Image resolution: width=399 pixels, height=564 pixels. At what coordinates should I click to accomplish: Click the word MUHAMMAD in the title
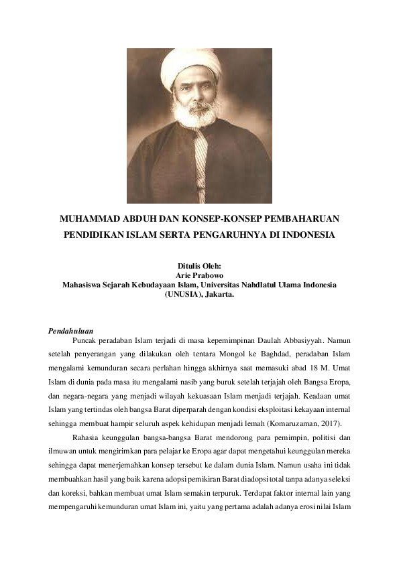point(91,219)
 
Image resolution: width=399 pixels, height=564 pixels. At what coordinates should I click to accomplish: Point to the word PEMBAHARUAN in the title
point(302,219)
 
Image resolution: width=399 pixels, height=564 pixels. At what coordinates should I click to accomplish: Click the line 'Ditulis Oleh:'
point(199,266)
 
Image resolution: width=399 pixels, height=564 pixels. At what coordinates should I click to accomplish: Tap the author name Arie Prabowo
point(199,275)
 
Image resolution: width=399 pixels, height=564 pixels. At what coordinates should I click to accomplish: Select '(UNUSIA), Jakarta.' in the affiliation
point(199,293)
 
